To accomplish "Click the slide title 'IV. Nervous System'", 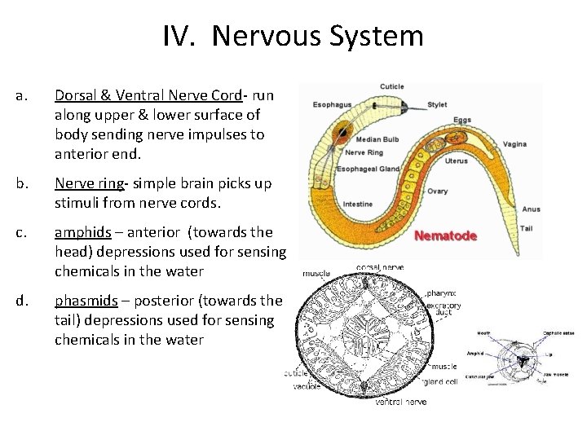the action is (x=293, y=37).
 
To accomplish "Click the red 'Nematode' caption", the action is (x=445, y=236).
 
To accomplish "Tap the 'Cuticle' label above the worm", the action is (x=392, y=86).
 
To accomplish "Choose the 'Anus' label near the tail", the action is (x=531, y=209).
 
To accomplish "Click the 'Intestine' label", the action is (x=359, y=204).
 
